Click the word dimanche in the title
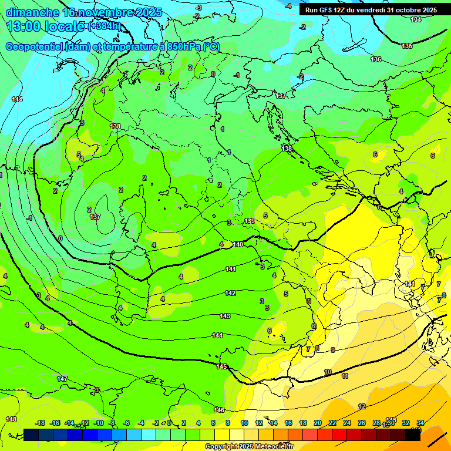coord(32,12)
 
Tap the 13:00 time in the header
coord(23,26)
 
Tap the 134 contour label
coord(416,20)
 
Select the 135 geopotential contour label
coord(407,46)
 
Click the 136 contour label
coord(376,59)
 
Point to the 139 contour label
coord(250,221)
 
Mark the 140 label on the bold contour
coord(238,244)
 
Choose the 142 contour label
coord(230,293)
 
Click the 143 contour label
coord(225,316)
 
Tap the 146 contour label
coord(219,410)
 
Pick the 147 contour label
coord(62,379)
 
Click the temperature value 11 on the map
coord(345,376)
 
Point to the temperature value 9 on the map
coord(332,350)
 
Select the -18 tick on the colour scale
coord(41,423)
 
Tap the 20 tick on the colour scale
coord(317,423)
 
